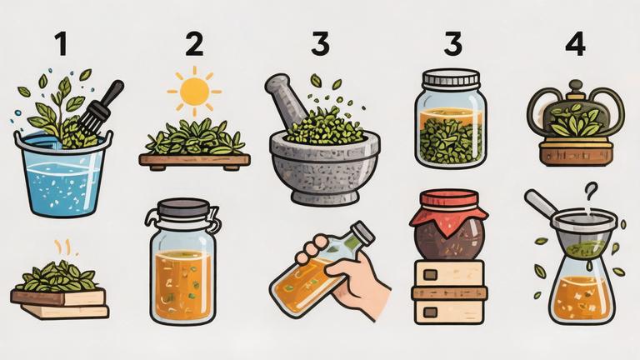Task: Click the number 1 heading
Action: (x=61, y=44)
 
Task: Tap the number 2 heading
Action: (x=194, y=44)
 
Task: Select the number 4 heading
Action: (x=576, y=44)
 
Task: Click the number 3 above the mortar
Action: (x=320, y=44)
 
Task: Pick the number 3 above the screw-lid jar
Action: (x=452, y=44)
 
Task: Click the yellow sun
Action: (x=194, y=92)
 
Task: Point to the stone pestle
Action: (x=287, y=97)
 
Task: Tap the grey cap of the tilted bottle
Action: (x=363, y=232)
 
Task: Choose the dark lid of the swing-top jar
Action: (x=183, y=208)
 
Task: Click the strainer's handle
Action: (x=541, y=203)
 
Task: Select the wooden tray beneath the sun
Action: (x=194, y=160)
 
